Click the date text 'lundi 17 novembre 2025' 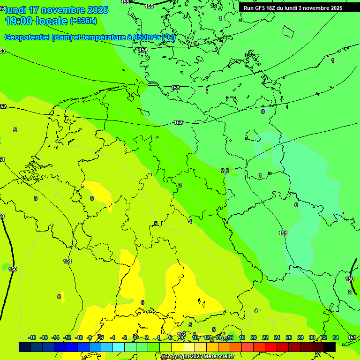[57, 10]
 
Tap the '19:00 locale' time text [37, 21]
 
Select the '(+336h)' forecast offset [83, 21]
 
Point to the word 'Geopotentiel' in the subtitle [27, 37]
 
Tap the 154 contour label [143, 50]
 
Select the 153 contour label [175, 88]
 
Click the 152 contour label [178, 122]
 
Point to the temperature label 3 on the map [180, 186]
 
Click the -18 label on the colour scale [32, 337]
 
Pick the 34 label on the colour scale [336, 337]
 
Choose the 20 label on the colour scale [254, 337]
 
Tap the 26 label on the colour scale [289, 337]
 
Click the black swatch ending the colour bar [330, 347]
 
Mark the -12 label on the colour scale [67, 337]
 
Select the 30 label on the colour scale [312, 337]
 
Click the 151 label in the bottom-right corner [352, 337]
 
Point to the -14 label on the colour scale [55, 337]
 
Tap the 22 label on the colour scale [265, 337]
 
